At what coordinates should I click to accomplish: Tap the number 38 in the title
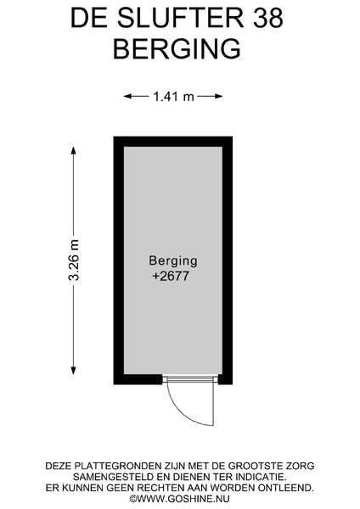pyautogui.click(x=268, y=18)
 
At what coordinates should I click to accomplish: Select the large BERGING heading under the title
pyautogui.click(x=177, y=48)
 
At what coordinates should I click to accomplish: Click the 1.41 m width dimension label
pyautogui.click(x=173, y=97)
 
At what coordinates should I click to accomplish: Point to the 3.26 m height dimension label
pyautogui.click(x=74, y=260)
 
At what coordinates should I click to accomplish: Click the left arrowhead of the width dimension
pyautogui.click(x=127, y=96)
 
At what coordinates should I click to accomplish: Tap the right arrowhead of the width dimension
pyautogui.click(x=219, y=96)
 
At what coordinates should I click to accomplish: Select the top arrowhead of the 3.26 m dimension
pyautogui.click(x=73, y=151)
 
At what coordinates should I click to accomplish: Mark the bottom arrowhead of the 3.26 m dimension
pyautogui.click(x=73, y=371)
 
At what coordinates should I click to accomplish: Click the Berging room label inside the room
pyautogui.click(x=173, y=260)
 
